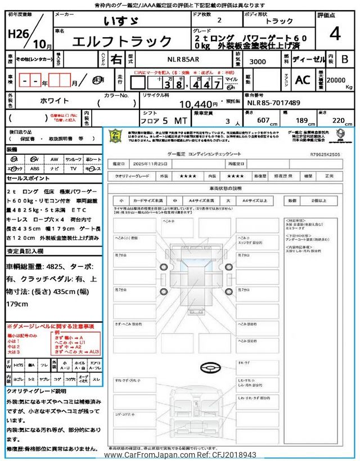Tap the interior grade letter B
(x=345, y=59)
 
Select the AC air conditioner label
(x=302, y=80)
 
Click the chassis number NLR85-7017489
(x=273, y=103)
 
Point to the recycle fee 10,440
(x=198, y=104)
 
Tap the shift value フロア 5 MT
(x=155, y=120)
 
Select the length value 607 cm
(x=264, y=120)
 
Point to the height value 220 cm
(x=339, y=120)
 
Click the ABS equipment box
(x=35, y=168)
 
